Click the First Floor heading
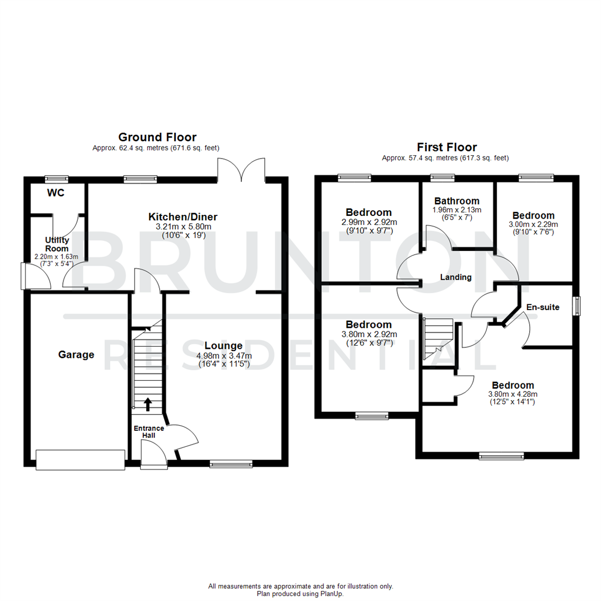click(447, 147)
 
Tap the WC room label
click(56, 193)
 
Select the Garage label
click(76, 354)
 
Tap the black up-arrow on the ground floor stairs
click(147, 403)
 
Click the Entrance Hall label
click(147, 432)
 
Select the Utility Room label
click(57, 244)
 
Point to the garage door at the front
click(80, 459)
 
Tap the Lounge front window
click(231, 463)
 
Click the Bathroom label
click(457, 201)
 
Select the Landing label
click(456, 277)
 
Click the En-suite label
click(543, 307)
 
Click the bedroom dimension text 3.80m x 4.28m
click(512, 394)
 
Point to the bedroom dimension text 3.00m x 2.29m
click(534, 224)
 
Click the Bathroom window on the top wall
click(442, 178)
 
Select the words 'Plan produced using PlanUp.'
click(300, 594)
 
